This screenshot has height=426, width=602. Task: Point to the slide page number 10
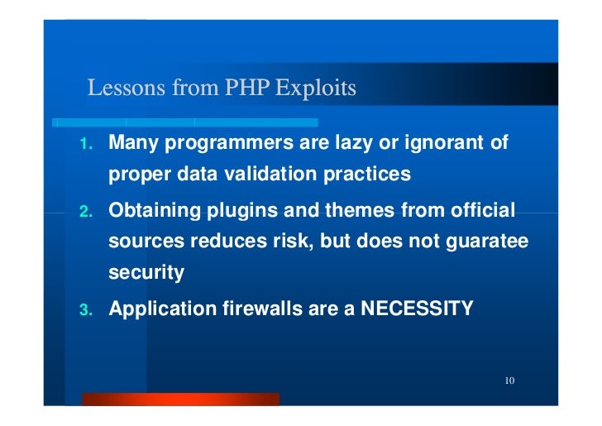(509, 381)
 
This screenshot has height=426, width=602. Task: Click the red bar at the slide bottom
(180, 400)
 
